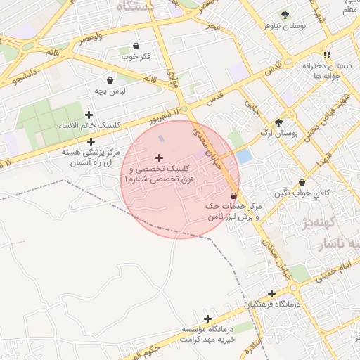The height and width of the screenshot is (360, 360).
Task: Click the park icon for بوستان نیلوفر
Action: (x=285, y=15)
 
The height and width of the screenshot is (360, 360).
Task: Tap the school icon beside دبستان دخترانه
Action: (x=327, y=54)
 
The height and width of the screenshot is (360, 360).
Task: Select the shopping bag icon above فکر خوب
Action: (x=136, y=46)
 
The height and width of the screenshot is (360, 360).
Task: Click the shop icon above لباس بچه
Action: (x=110, y=80)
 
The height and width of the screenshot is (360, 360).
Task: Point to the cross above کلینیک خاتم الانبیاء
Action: (x=89, y=115)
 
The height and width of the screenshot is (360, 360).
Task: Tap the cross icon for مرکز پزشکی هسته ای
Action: (x=91, y=141)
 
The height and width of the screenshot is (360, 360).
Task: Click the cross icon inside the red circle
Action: (x=159, y=157)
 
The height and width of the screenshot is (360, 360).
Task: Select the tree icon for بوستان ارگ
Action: (x=279, y=122)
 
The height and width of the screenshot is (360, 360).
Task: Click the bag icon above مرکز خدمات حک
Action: (x=233, y=196)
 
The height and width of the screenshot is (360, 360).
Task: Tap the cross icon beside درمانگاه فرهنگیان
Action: (x=271, y=293)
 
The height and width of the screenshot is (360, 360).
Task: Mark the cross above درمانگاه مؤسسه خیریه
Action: (x=207, y=319)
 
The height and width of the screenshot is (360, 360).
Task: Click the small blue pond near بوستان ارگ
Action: (x=244, y=156)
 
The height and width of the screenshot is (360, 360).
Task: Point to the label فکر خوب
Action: (x=136, y=56)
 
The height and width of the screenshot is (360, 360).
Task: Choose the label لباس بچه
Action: (x=110, y=91)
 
